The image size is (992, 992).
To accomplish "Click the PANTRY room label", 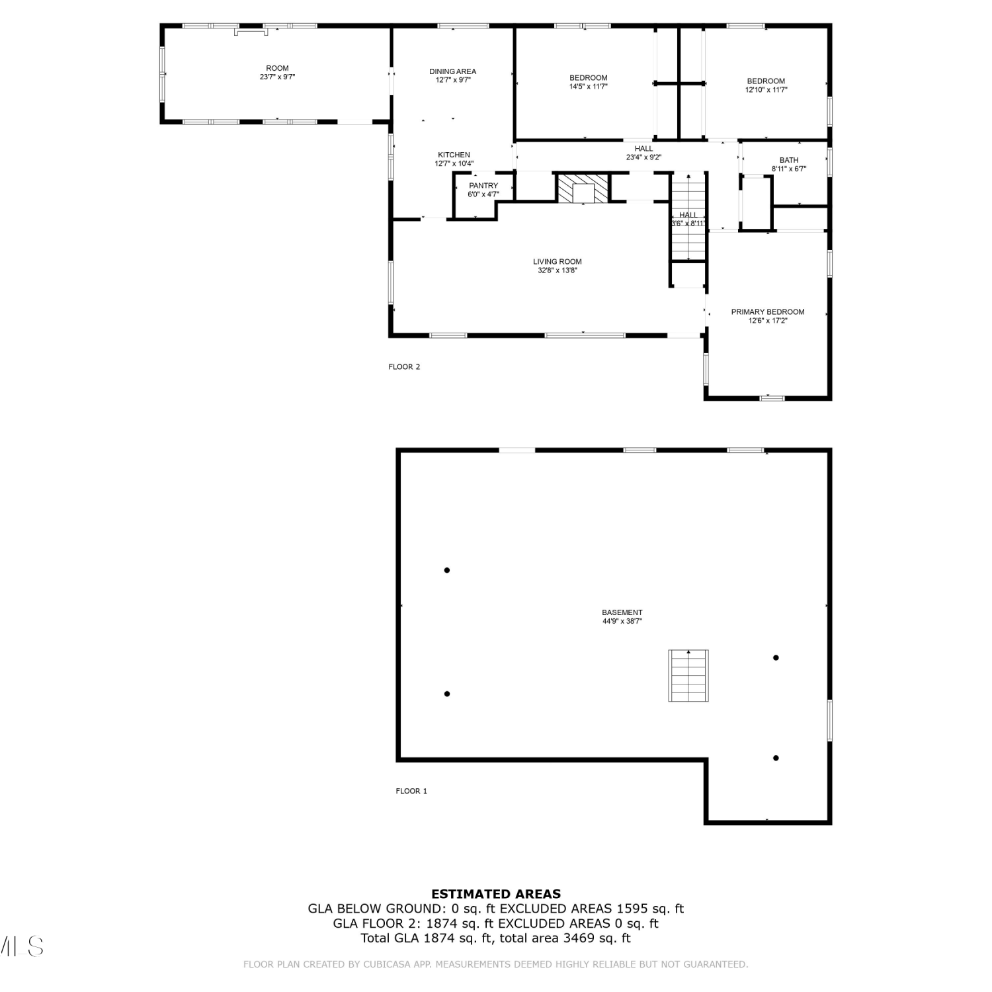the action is click(x=483, y=186).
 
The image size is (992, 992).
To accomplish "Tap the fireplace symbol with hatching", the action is click(x=583, y=188).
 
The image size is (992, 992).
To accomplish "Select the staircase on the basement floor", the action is click(x=688, y=675).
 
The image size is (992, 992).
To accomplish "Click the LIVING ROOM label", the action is click(x=558, y=262).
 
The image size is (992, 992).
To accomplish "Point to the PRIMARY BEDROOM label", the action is click(x=768, y=312).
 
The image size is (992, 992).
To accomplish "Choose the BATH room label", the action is click(x=789, y=160).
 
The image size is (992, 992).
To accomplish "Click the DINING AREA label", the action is click(x=453, y=71).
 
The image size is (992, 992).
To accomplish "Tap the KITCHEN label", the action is click(x=454, y=155).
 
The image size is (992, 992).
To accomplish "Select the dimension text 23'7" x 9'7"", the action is click(x=278, y=77).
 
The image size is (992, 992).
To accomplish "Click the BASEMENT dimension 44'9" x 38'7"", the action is click(x=622, y=621).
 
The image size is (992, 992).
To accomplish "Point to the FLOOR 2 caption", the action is click(x=404, y=367).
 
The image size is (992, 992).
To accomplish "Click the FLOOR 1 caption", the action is click(x=411, y=791).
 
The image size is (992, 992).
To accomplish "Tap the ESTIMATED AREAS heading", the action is click(x=496, y=894).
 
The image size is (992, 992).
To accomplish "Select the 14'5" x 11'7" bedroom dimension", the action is click(x=589, y=87).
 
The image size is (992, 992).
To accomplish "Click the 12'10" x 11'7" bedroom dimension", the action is click(x=766, y=90).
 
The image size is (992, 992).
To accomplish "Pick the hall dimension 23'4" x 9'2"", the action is click(x=644, y=157).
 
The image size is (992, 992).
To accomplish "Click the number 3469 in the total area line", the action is click(x=580, y=938).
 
